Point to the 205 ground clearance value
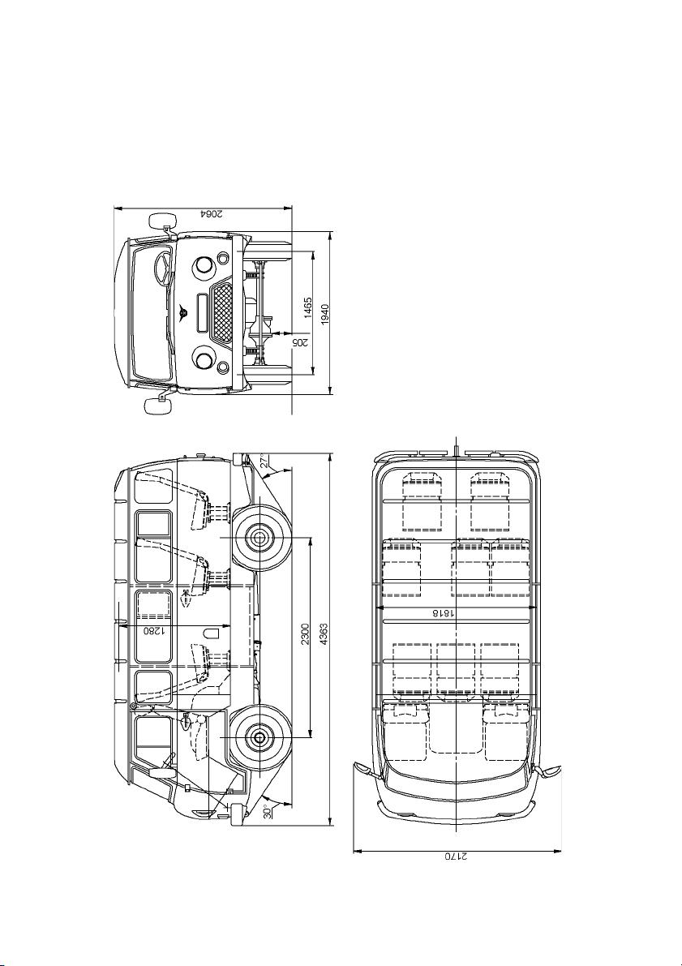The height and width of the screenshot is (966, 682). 298,341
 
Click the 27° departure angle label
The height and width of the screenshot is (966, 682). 264,462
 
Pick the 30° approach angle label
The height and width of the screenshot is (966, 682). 267,811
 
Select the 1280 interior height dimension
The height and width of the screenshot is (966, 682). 153,632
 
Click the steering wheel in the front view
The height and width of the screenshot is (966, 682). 161,271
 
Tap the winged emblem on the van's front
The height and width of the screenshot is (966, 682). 183,314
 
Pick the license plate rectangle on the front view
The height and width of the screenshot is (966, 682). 201,311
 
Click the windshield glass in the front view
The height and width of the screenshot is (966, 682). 150,311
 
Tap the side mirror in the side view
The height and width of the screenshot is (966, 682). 161,773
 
